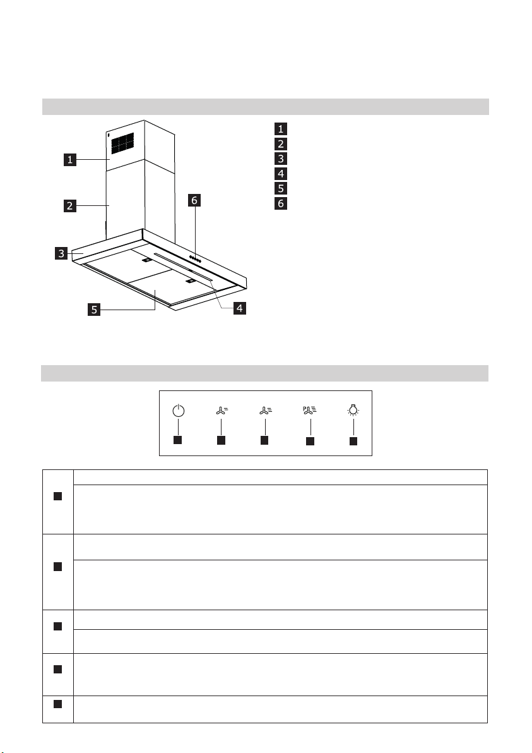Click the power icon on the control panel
coord(178,410)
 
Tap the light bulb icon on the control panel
coord(353,409)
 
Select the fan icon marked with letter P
coord(310,410)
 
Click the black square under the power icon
coord(177,440)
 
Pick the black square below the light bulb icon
coord(353,441)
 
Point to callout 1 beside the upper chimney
coord(70,159)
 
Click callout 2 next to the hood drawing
coord(70,205)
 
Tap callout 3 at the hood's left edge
coord(61,253)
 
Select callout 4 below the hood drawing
coord(240,308)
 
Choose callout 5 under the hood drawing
coord(94,310)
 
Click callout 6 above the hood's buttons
coord(194,200)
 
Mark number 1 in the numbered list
coord(281,129)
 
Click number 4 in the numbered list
coord(281,173)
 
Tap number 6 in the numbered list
coord(281,203)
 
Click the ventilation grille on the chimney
coord(123,143)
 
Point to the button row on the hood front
coord(195,259)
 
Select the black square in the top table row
coord(57,496)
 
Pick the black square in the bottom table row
coord(57,704)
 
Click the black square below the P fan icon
coord(310,441)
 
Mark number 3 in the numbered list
coord(281,159)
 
